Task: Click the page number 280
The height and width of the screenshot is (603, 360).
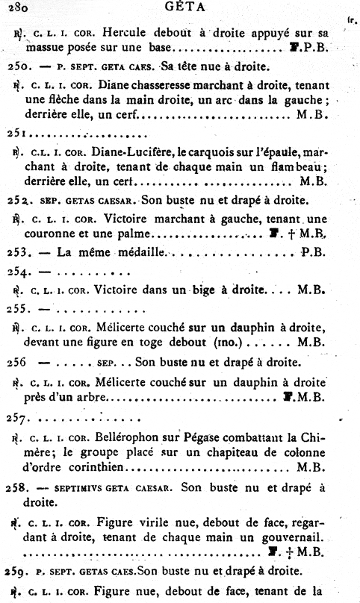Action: click(14, 8)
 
